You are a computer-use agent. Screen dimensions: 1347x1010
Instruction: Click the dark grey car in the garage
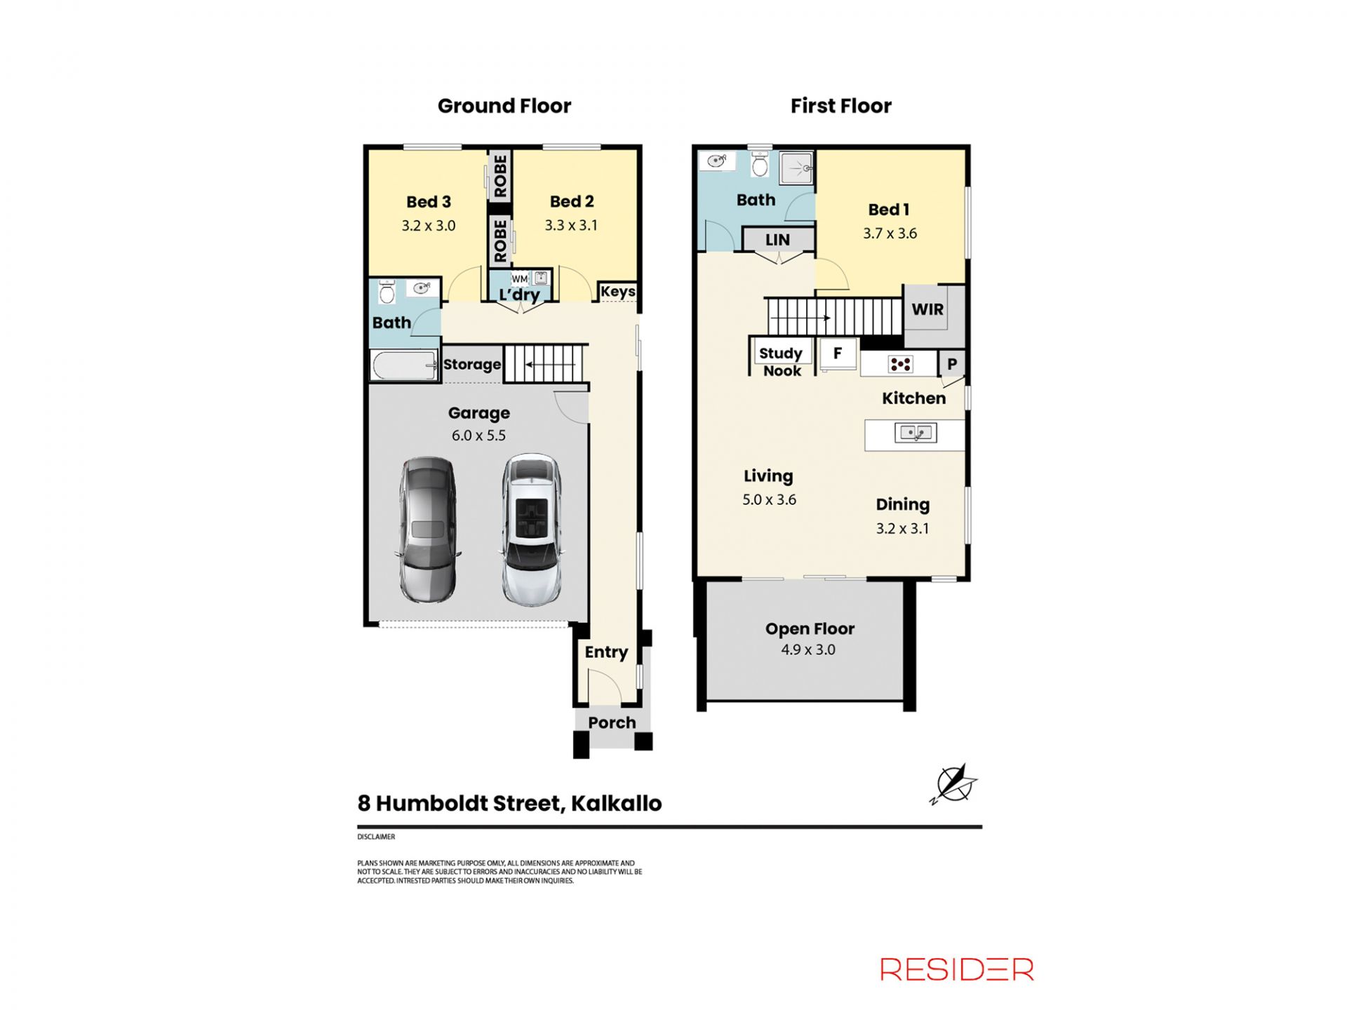(427, 530)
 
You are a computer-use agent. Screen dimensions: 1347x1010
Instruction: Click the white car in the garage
(532, 530)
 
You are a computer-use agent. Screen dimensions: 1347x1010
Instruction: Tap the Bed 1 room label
(889, 209)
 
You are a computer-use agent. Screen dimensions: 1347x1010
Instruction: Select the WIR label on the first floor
(927, 309)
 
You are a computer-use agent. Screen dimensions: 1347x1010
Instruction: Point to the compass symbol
(954, 783)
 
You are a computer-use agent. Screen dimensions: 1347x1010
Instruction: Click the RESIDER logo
(957, 969)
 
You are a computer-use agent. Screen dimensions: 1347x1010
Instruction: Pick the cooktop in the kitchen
(900, 364)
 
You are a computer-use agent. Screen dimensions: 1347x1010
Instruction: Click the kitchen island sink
(916, 433)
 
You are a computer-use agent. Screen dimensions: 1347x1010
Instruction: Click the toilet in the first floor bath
(760, 164)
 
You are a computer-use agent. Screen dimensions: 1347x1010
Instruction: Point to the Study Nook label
(781, 362)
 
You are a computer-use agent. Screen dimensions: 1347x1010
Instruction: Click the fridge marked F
(838, 353)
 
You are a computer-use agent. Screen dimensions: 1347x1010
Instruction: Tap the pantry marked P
(952, 364)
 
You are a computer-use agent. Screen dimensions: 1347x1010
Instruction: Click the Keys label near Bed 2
(618, 291)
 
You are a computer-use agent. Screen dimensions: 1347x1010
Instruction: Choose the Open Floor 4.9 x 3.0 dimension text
(808, 649)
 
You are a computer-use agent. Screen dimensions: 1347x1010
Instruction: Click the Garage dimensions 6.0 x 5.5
(478, 435)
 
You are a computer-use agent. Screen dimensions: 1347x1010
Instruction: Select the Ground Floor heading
(504, 106)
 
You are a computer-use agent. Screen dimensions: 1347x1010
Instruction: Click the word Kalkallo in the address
(616, 803)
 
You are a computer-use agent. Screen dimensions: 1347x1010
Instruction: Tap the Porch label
(612, 722)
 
